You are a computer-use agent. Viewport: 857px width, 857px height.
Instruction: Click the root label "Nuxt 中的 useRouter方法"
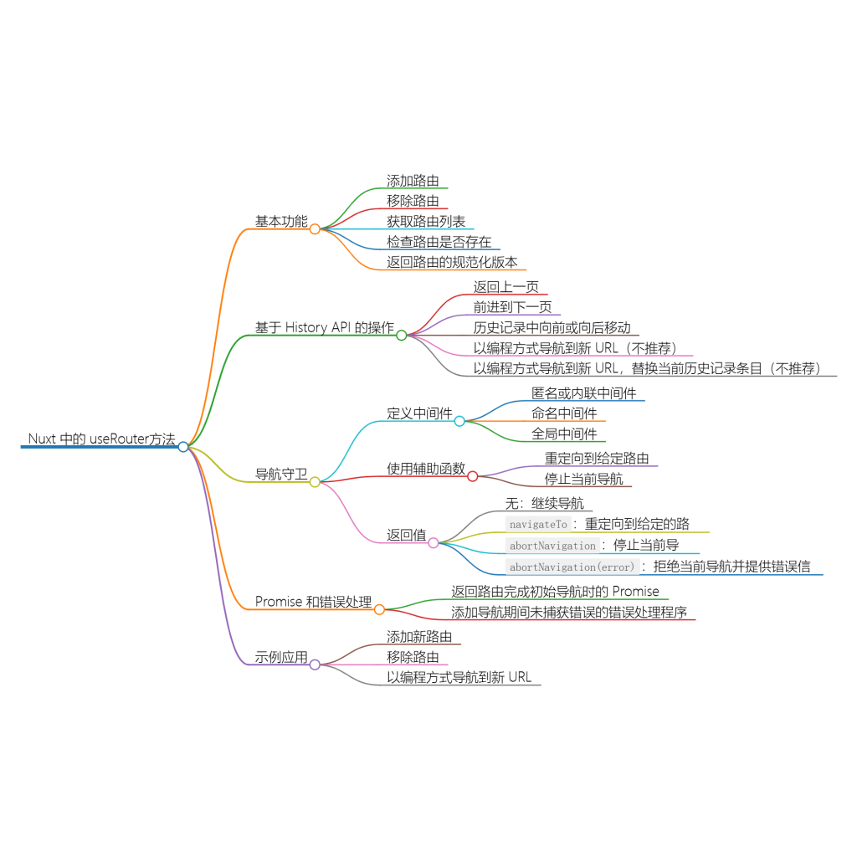[101, 439]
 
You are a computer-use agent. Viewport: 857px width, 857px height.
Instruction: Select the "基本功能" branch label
[281, 221]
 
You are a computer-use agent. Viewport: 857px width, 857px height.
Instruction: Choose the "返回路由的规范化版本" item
[452, 262]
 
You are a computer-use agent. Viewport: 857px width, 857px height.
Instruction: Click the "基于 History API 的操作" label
[325, 327]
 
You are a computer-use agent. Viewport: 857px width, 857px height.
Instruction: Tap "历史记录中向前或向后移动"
[552, 327]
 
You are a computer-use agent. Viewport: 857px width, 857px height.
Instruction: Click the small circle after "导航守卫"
[315, 481]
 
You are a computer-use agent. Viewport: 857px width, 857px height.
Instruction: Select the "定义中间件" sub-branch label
[419, 413]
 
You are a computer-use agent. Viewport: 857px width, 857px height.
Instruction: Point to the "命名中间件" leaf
[564, 413]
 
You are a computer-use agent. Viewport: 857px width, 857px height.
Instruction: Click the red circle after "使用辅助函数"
[472, 476]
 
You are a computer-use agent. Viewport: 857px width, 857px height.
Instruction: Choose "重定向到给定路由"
[597, 459]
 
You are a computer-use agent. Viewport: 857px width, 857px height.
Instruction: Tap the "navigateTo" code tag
[537, 525]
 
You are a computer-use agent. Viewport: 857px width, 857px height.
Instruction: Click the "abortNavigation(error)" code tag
[572, 567]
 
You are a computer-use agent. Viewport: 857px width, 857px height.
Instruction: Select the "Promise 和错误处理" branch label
[313, 602]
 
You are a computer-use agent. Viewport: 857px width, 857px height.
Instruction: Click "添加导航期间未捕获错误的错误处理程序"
[569, 612]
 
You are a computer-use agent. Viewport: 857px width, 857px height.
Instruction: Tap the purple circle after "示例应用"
[315, 665]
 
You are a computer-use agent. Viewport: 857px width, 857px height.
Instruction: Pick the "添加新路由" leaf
[419, 637]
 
